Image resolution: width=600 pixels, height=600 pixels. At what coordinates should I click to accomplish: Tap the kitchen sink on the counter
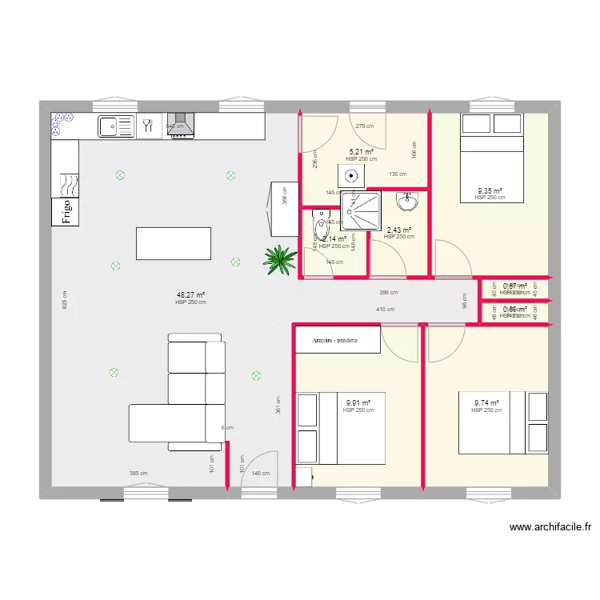[116, 126]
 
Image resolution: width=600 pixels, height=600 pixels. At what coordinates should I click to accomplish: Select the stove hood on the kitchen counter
[182, 126]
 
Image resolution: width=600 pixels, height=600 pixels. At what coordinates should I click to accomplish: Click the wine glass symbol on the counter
[147, 125]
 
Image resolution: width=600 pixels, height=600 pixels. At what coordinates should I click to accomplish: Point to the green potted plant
[279, 258]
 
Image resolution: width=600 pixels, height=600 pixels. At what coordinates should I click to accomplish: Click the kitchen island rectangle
[174, 243]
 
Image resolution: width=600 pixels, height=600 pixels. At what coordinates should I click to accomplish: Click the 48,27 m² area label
[190, 294]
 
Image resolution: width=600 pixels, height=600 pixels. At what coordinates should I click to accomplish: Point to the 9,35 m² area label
[490, 190]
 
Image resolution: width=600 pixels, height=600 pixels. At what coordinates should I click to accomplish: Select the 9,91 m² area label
[358, 403]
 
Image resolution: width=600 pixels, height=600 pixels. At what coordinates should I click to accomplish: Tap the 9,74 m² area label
[486, 403]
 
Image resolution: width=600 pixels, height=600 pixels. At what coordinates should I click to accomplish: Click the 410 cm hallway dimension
[386, 310]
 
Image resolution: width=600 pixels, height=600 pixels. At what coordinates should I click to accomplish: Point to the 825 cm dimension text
[65, 299]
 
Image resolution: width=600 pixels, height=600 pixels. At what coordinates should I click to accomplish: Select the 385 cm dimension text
[138, 474]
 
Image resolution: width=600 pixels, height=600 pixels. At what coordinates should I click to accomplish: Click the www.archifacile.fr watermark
[550, 527]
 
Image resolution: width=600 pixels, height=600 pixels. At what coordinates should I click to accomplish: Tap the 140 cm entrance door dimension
[261, 474]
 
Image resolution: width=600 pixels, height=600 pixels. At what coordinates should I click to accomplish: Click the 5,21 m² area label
[362, 152]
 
